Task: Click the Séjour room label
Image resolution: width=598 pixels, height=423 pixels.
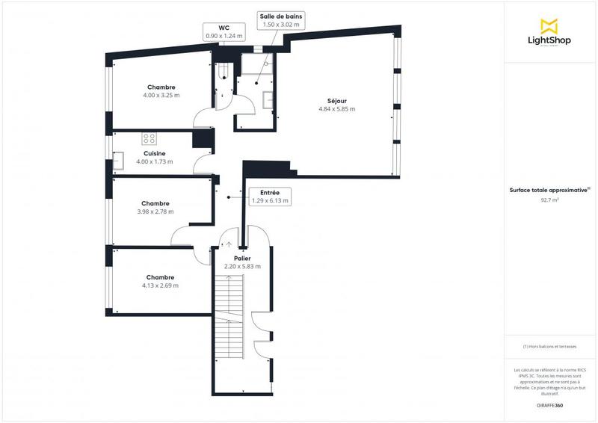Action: point(336,101)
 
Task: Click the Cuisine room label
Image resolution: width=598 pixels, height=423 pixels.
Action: point(155,153)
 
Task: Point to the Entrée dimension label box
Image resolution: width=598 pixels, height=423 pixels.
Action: point(269,196)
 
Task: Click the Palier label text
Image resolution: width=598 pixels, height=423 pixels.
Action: point(241,258)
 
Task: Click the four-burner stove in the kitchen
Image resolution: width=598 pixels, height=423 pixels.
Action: point(149,138)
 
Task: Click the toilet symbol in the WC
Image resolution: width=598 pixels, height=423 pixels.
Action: point(222,72)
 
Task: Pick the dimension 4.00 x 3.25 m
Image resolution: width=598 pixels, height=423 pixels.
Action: point(162,96)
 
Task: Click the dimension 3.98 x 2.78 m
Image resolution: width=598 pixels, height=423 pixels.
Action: point(155,211)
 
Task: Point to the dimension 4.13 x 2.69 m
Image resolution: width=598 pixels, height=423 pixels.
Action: point(161,285)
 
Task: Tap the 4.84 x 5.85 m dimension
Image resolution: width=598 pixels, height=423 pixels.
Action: point(336,109)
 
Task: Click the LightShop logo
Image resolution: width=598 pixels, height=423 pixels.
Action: point(550,34)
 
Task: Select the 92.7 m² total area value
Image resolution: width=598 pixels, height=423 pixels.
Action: point(549,200)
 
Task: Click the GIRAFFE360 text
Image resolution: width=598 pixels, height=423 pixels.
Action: point(549,404)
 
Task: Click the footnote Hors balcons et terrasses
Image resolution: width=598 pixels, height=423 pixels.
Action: point(549,346)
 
